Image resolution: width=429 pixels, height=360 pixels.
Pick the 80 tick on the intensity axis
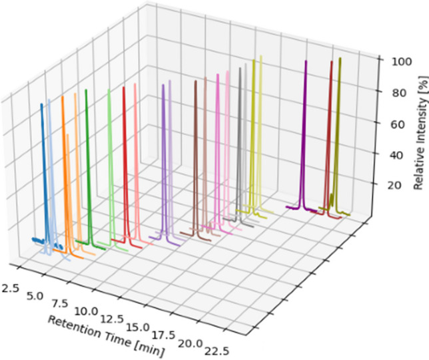(389, 93)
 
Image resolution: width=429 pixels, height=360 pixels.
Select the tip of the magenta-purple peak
(305, 61)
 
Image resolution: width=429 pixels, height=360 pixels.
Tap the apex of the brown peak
(195, 81)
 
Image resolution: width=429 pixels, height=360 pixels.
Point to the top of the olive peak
(340, 59)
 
